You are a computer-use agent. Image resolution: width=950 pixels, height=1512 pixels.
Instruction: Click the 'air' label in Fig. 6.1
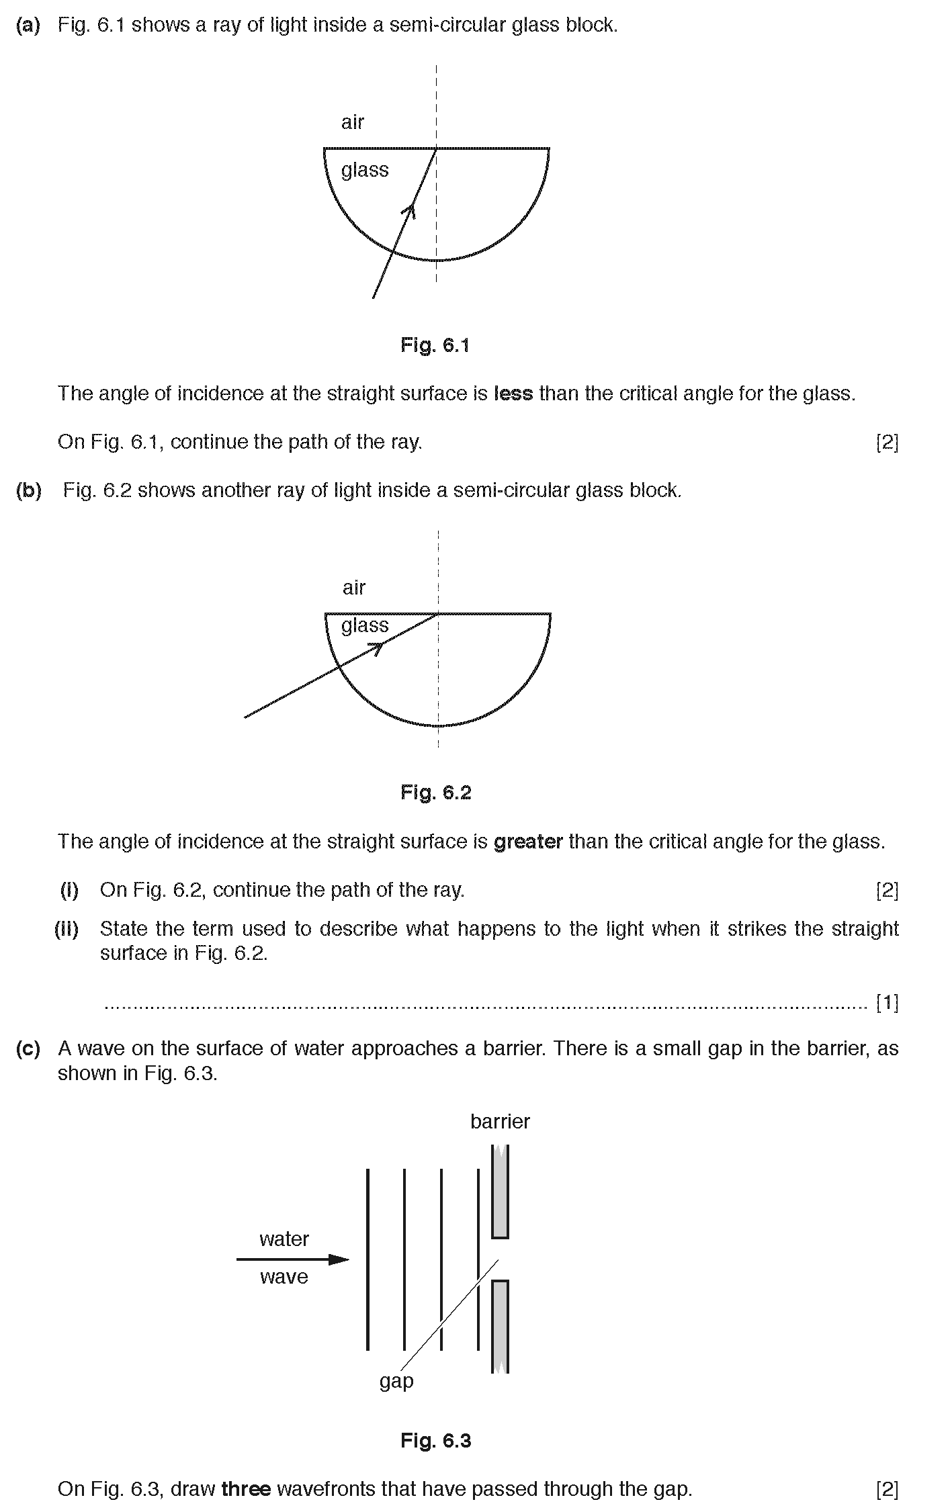352,122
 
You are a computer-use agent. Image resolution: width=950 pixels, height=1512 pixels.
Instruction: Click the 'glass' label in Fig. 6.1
364,170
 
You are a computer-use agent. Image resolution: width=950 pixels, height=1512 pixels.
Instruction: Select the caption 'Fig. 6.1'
435,345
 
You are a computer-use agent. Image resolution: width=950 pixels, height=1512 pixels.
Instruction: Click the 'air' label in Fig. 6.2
353,588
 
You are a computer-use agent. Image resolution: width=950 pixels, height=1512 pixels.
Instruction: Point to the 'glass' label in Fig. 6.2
365,626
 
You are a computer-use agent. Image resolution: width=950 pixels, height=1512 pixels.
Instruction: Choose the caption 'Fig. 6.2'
435,793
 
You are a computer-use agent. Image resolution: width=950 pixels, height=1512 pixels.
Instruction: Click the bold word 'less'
513,394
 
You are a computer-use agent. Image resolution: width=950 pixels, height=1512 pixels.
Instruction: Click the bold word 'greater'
528,842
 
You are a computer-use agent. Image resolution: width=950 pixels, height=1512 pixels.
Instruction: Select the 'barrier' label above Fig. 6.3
500,1122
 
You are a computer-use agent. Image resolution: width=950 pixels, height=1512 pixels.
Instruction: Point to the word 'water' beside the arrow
284,1239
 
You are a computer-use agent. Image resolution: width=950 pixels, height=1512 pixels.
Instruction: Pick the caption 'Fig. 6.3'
435,1441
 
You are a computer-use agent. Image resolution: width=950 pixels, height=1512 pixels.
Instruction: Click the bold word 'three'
246,1490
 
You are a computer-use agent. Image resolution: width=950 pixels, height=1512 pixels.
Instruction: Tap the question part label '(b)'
28,491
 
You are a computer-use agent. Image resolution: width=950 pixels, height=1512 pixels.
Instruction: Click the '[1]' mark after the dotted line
887,1003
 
